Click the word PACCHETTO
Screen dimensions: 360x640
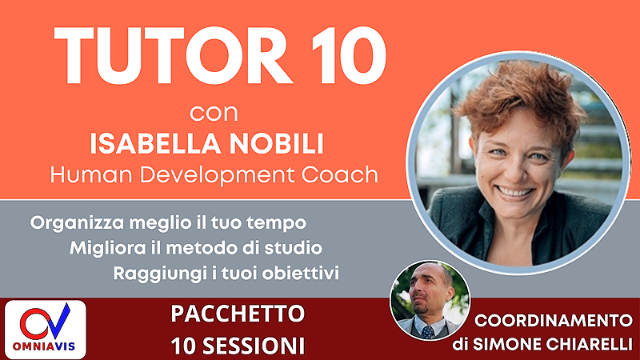coord(238,314)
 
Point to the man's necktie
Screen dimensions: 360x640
coord(428,330)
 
